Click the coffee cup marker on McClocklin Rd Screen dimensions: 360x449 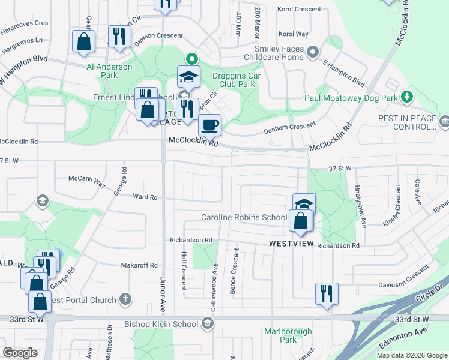(x=209, y=125)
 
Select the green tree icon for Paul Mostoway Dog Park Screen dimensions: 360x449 (x=407, y=97)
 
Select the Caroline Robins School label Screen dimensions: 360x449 (x=244, y=217)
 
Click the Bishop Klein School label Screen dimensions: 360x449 (x=161, y=325)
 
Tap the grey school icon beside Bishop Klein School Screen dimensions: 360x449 (x=207, y=325)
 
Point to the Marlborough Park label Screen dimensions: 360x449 (x=288, y=335)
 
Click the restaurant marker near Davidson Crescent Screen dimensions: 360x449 (x=327, y=294)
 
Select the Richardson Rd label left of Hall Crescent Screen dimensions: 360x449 (x=191, y=239)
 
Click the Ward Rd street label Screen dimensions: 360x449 (x=145, y=196)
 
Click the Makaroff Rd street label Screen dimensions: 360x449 (x=139, y=265)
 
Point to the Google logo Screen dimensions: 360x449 (x=20, y=353)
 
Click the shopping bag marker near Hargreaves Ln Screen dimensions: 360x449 (x=83, y=41)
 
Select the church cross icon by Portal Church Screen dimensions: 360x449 (x=125, y=299)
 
